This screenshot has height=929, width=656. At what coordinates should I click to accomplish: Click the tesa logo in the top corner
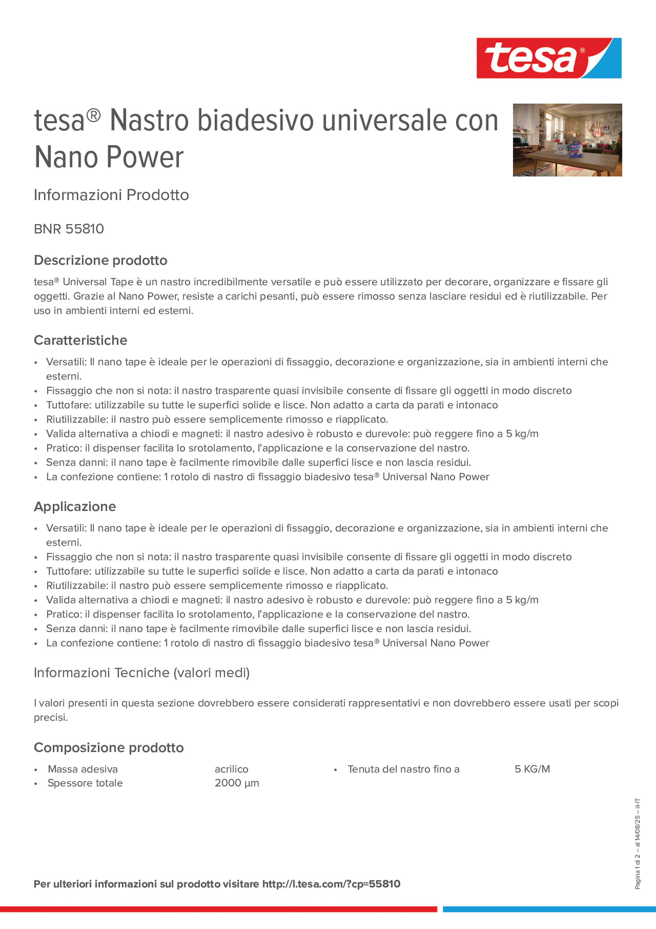pyautogui.click(x=549, y=58)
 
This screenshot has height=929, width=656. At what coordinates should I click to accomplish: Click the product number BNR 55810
pyautogui.click(x=69, y=229)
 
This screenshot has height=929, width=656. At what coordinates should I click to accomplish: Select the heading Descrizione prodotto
pyautogui.click(x=100, y=260)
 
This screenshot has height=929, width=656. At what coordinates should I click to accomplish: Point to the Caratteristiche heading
pyautogui.click(x=81, y=340)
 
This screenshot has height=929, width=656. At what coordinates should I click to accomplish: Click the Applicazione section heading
pyautogui.click(x=75, y=506)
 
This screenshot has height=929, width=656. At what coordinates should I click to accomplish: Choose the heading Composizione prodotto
pyautogui.click(x=108, y=747)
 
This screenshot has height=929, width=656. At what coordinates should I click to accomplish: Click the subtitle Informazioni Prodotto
pyautogui.click(x=111, y=195)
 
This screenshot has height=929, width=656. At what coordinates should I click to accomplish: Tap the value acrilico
pyautogui.click(x=231, y=769)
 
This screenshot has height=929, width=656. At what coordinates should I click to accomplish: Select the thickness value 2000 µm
pyautogui.click(x=237, y=783)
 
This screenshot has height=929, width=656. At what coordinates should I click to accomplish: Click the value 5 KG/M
pyautogui.click(x=532, y=769)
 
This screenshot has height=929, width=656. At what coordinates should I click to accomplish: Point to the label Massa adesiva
pyautogui.click(x=82, y=769)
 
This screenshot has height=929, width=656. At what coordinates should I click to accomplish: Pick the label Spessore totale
pyautogui.click(x=85, y=783)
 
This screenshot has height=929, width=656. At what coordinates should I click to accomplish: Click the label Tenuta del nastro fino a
pyautogui.click(x=403, y=769)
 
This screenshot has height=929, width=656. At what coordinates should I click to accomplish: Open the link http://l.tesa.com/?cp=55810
pyautogui.click(x=331, y=884)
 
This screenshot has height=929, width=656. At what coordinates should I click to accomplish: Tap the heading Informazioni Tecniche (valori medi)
pyautogui.click(x=141, y=673)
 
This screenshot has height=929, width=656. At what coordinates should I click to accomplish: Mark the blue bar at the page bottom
pyautogui.click(x=549, y=909)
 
